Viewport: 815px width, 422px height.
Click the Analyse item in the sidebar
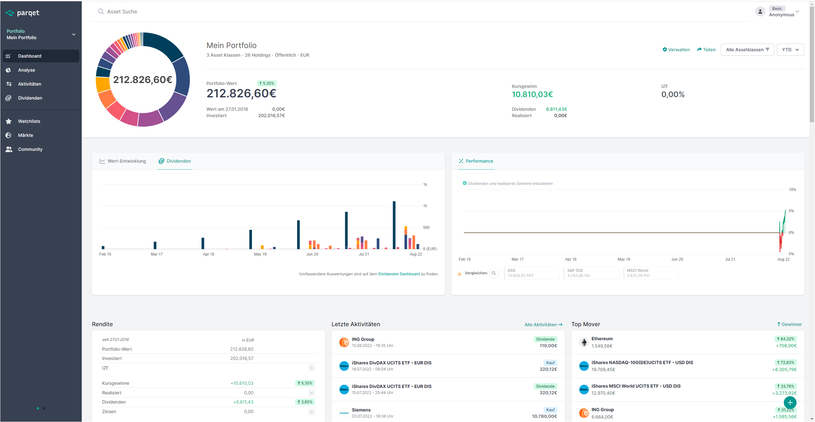click(x=26, y=70)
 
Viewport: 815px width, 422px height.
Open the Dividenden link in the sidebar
click(x=30, y=98)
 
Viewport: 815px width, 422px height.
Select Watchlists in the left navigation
click(x=29, y=121)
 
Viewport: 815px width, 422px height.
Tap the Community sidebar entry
click(x=30, y=149)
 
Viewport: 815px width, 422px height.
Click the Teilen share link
click(x=706, y=50)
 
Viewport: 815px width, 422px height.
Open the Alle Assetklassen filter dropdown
click(x=747, y=50)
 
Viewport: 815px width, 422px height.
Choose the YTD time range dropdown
click(x=790, y=50)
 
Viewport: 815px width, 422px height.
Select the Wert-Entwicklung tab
click(x=123, y=161)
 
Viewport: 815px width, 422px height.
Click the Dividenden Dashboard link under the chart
click(x=399, y=274)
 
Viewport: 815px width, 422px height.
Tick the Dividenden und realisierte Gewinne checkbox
click(x=465, y=183)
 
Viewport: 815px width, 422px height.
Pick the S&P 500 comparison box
click(x=591, y=273)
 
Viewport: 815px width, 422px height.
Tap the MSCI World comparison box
click(x=651, y=273)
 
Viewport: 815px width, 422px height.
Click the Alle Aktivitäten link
click(x=543, y=325)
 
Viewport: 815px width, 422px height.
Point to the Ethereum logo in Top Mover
click(x=584, y=342)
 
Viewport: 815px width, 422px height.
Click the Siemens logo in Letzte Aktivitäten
click(x=344, y=413)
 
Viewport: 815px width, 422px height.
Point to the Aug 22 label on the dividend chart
click(x=416, y=254)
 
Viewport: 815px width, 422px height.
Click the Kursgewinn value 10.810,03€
click(x=532, y=95)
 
